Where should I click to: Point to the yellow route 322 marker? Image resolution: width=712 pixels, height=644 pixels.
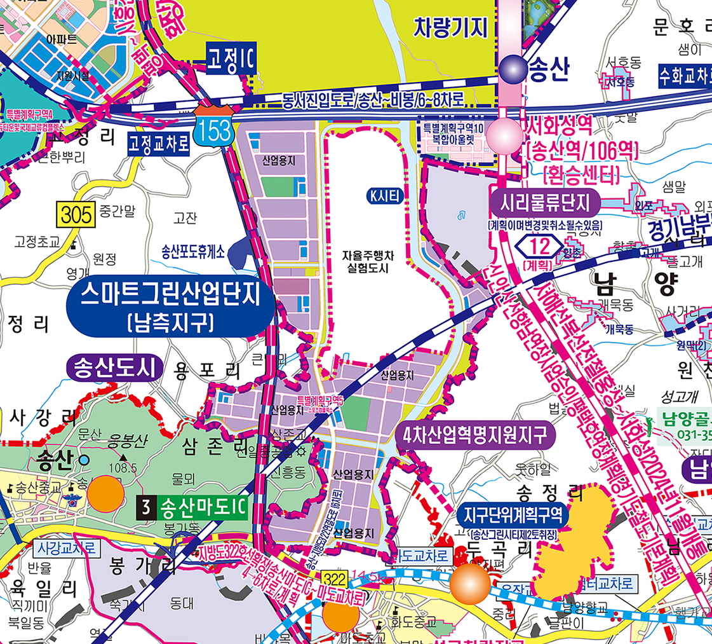(335, 579)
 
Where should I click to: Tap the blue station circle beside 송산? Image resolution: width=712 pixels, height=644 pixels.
(511, 69)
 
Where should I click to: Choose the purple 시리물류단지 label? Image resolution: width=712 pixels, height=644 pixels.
(545, 202)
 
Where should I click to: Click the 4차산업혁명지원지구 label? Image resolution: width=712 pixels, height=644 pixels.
(475, 436)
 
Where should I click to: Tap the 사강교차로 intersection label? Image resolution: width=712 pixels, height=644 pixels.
(65, 547)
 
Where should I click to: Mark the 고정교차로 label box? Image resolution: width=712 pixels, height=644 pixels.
(159, 143)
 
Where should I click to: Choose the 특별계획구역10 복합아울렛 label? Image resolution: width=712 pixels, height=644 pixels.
(454, 132)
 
